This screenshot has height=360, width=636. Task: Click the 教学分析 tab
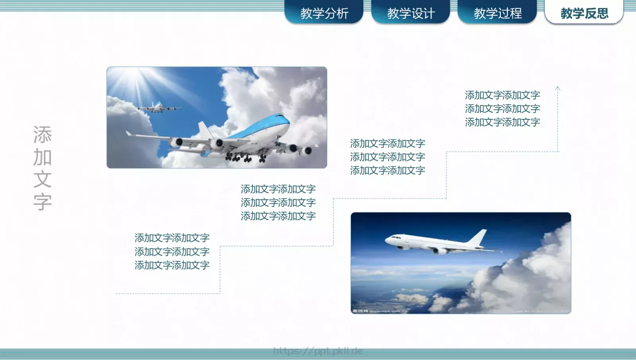(x=324, y=13)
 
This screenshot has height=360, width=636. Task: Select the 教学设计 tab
(x=410, y=13)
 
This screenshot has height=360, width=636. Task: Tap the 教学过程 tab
(x=497, y=13)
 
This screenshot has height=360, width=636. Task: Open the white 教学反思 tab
(x=584, y=13)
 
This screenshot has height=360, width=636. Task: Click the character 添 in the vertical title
(x=43, y=135)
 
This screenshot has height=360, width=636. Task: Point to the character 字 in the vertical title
(x=43, y=202)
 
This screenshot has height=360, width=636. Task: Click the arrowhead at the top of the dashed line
(x=558, y=88)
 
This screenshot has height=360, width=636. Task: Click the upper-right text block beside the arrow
(x=502, y=109)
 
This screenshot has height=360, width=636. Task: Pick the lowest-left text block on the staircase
(x=172, y=251)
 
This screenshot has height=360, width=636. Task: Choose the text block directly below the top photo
(x=278, y=202)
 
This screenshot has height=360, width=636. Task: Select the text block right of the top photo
(x=387, y=157)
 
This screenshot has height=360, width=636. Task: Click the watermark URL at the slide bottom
(x=318, y=350)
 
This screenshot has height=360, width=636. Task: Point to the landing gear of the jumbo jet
(x=238, y=158)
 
